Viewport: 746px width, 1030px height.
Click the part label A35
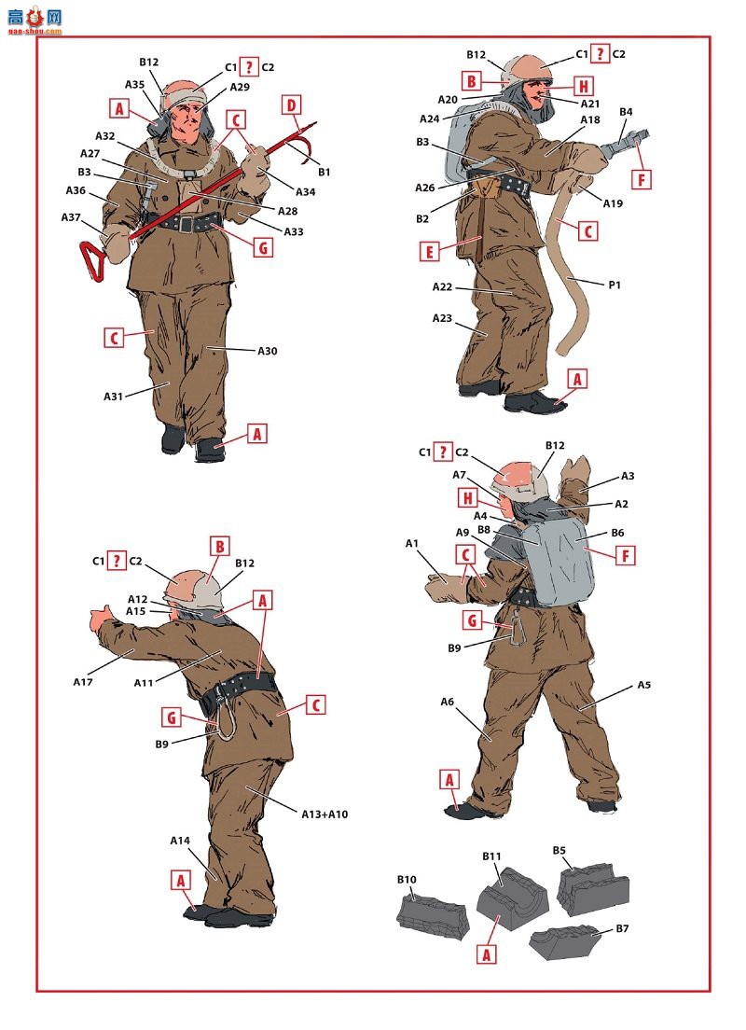pyautogui.click(x=134, y=84)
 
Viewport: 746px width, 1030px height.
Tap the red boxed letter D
pyautogui.click(x=292, y=105)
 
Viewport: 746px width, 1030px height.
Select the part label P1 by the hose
pyautogui.click(x=614, y=285)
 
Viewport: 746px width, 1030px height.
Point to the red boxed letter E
pyautogui.click(x=429, y=251)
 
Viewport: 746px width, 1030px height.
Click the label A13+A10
pyautogui.click(x=325, y=814)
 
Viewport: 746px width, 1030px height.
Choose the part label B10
pyautogui.click(x=407, y=879)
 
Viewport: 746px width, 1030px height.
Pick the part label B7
pyautogui.click(x=622, y=928)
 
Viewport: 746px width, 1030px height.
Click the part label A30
pyautogui.click(x=268, y=351)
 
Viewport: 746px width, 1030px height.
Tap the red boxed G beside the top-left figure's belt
pyautogui.click(x=263, y=247)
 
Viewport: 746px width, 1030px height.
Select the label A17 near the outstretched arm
pyautogui.click(x=83, y=682)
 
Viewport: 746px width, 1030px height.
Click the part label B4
pyautogui.click(x=626, y=112)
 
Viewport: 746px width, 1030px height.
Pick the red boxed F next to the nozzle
pyautogui.click(x=641, y=179)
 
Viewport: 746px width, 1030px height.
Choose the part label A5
pyautogui.click(x=643, y=685)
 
